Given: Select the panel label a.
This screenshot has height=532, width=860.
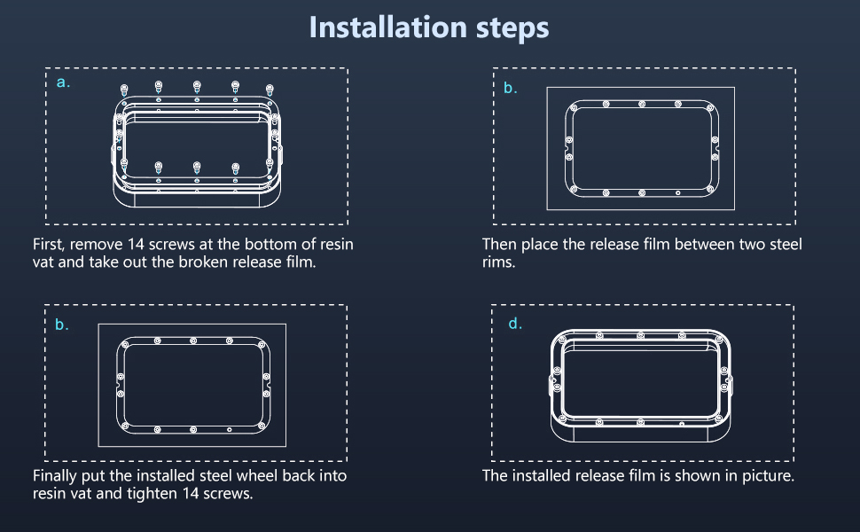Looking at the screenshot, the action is tap(63, 82).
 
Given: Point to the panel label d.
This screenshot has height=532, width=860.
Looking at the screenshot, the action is tap(514, 324).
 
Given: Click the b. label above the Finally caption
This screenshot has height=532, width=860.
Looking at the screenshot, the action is tap(62, 325).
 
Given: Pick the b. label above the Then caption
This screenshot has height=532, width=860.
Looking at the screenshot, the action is tap(510, 88).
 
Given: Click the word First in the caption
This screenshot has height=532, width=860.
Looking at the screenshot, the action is tap(47, 244).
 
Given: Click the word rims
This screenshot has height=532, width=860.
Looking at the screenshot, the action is tap(498, 262).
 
